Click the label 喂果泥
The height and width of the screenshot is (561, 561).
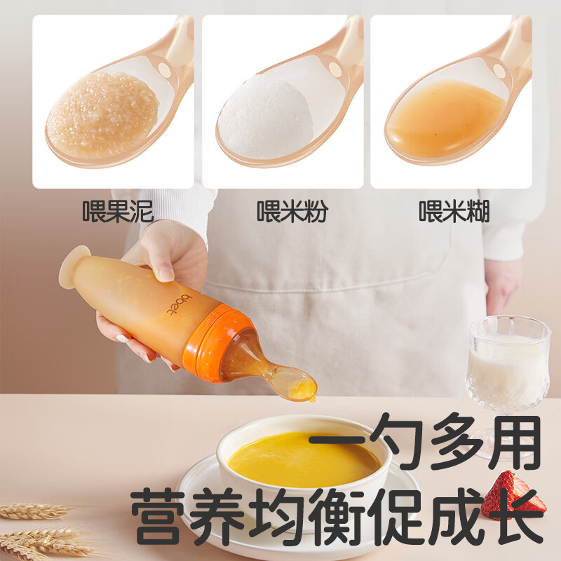pos(118,210)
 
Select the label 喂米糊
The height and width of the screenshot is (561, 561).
pos(454,210)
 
